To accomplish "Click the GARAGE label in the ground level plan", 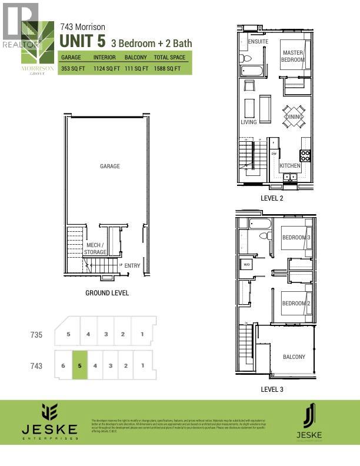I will coord(109,167).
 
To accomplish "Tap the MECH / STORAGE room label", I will coord(94,248).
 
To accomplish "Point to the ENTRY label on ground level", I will coord(132,266).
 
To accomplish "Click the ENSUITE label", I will coord(258,42).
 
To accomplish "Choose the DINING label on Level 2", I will coord(293,117).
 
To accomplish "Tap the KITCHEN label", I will coord(289,166).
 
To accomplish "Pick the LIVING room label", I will coord(249,122).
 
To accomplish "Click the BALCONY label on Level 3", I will coord(294,357).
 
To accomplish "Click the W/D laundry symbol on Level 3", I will coord(246,265).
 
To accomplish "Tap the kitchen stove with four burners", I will coord(305,155).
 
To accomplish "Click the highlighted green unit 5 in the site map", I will coord(79,365).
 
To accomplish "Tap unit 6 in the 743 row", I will coord(62,365).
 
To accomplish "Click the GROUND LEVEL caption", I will coord(107,293).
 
